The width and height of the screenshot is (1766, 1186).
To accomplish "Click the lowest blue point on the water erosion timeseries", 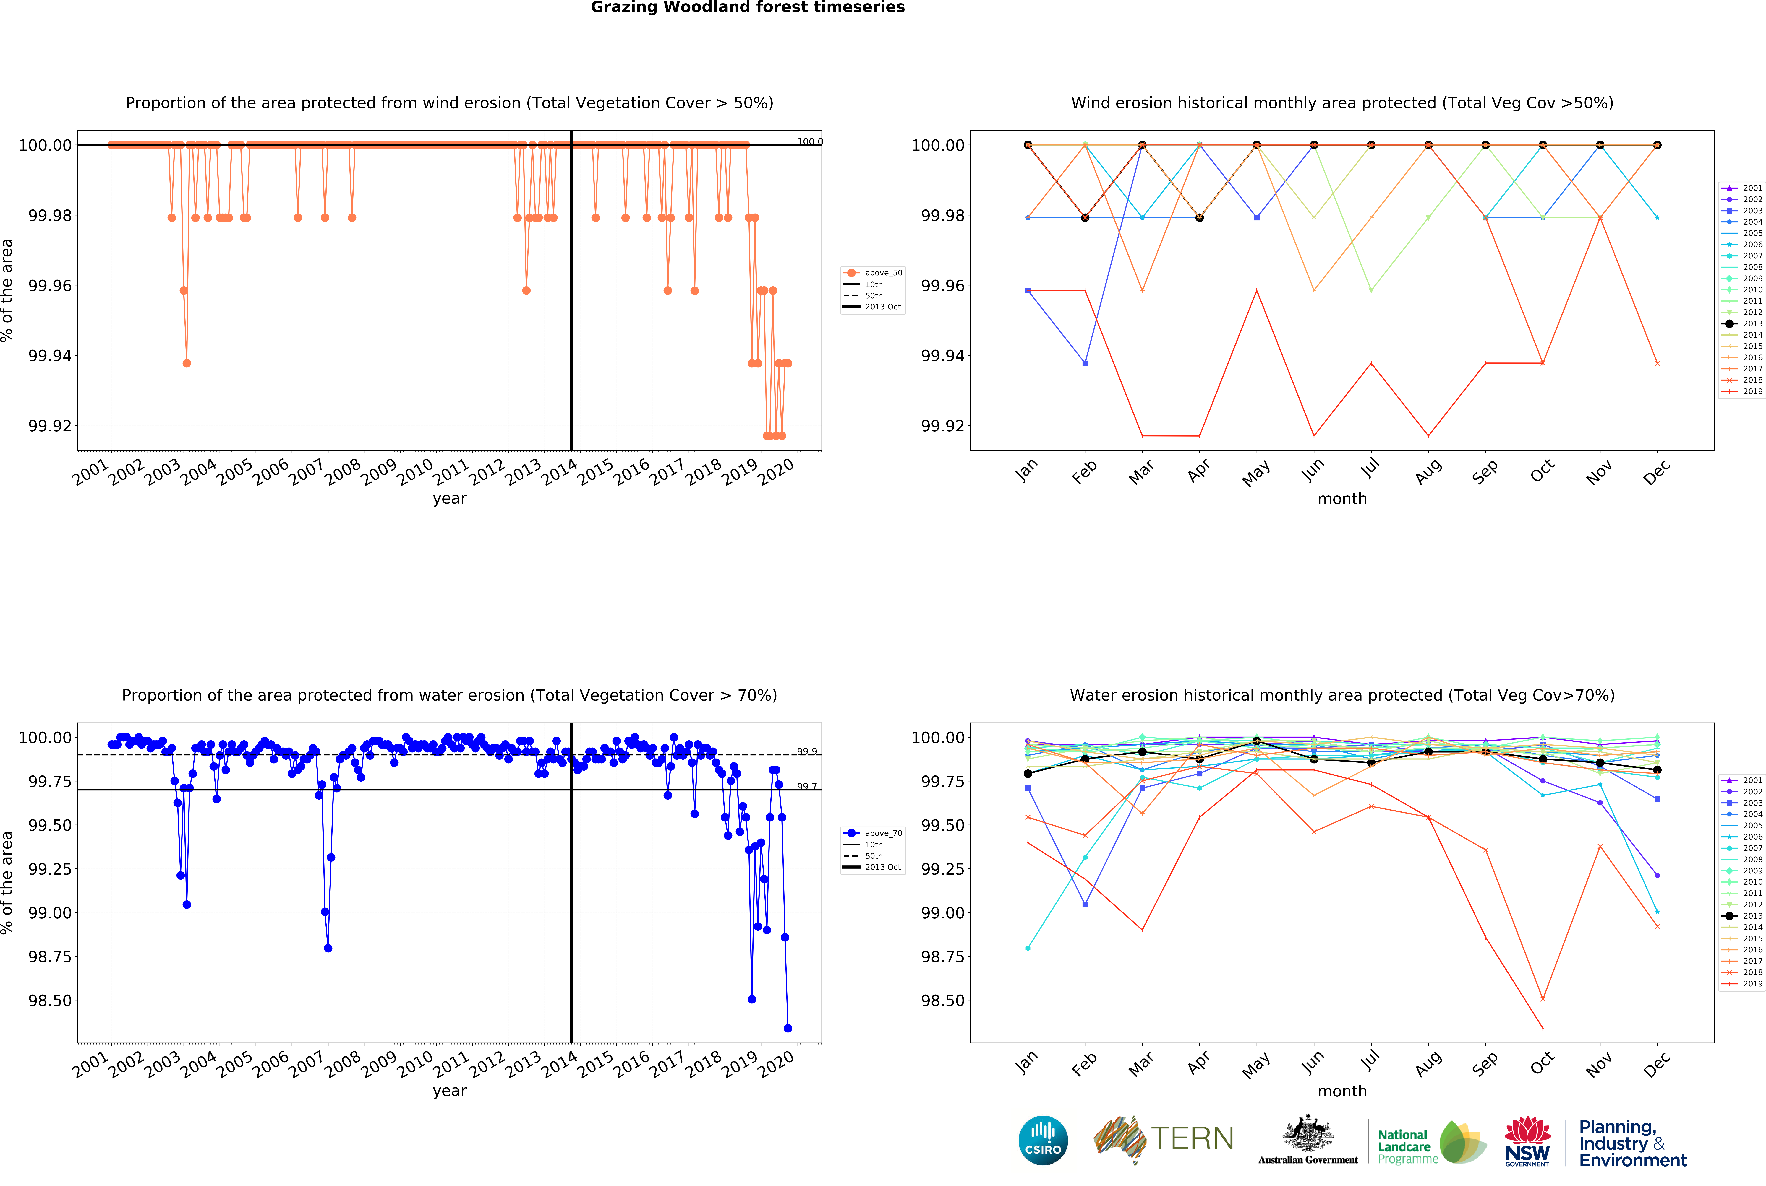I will [x=788, y=1028].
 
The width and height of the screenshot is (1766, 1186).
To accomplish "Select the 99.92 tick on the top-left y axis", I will [x=50, y=426].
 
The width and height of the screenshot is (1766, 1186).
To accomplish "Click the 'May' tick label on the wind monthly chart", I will [x=1256, y=473].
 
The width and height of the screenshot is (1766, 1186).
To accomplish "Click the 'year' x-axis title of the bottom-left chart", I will [x=449, y=1091].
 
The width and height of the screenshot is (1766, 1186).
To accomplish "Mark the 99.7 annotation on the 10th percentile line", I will [x=807, y=787].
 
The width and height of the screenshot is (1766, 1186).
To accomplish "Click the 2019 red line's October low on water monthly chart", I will [x=1542, y=1028].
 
